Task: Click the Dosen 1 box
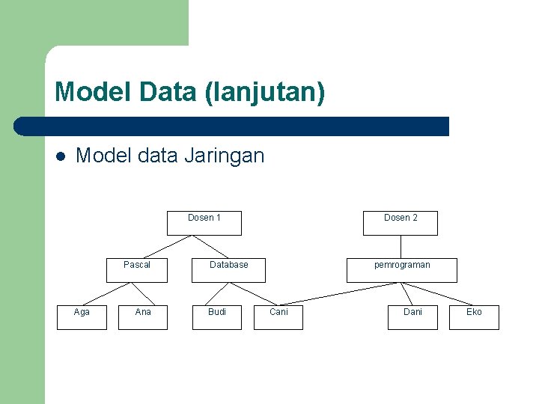coord(204,223)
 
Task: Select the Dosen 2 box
coord(401,223)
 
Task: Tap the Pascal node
coord(137,270)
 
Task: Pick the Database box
coord(228,270)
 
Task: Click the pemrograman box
coord(402,270)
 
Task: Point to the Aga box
coord(82,317)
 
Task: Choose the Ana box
coord(143,317)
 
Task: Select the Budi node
coord(217,317)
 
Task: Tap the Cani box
coord(278,317)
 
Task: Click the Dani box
coord(412,317)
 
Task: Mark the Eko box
coord(474,317)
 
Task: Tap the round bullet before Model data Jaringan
coord(60,156)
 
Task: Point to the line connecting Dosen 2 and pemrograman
coord(401,247)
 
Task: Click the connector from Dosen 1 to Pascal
coord(168,247)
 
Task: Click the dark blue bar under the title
coord(232,126)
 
